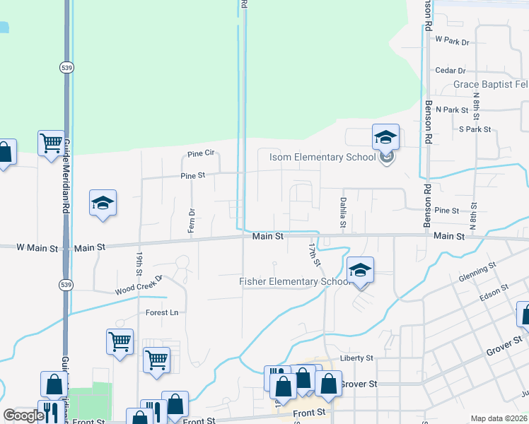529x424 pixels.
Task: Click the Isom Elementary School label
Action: [x=322, y=157]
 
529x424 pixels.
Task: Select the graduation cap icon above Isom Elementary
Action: [x=385, y=137]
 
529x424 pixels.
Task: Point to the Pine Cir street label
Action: [x=201, y=153]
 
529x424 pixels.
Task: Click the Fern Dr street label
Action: [x=192, y=221]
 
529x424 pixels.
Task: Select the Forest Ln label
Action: [x=162, y=312]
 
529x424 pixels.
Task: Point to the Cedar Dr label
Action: [x=450, y=71]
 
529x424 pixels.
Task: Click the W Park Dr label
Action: [x=453, y=42]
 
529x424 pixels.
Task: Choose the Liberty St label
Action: [x=356, y=358]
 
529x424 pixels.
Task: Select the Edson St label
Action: [x=494, y=292]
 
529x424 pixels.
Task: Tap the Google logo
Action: [x=23, y=416]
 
